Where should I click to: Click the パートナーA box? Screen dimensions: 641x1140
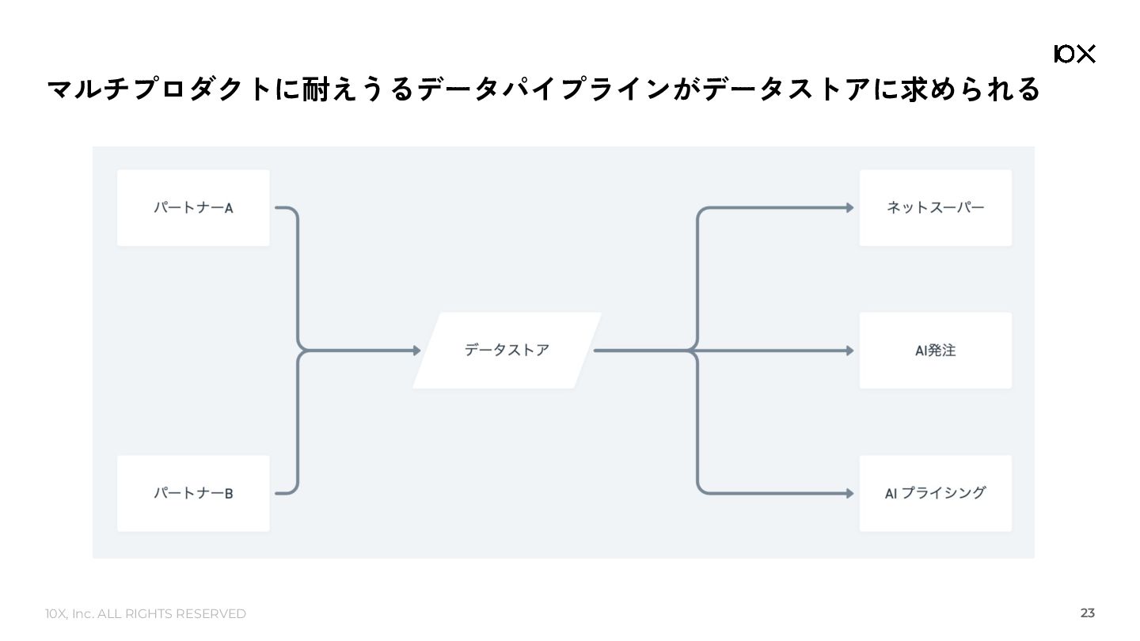[x=193, y=208]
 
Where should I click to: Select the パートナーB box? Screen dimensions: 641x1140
[x=193, y=493]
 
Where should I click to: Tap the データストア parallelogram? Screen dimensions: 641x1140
[x=507, y=351]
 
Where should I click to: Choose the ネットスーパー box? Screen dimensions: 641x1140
[x=935, y=208]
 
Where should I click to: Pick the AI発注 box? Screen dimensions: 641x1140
[x=935, y=351]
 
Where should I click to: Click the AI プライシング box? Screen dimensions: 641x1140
[x=935, y=493]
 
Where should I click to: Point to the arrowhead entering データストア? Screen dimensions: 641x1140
[x=417, y=351]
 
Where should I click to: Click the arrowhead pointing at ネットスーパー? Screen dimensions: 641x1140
[x=849, y=208]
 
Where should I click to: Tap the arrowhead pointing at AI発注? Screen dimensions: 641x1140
[x=849, y=351]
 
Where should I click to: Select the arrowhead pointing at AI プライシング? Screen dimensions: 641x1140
[x=849, y=493]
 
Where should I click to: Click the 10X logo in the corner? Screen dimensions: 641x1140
[x=1074, y=54]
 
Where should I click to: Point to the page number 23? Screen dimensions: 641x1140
[x=1087, y=613]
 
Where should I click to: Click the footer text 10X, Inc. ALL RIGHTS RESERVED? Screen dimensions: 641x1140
[x=146, y=614]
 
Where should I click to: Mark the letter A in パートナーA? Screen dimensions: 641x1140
[x=229, y=209]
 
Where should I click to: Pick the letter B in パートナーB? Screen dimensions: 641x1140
[x=229, y=494]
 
